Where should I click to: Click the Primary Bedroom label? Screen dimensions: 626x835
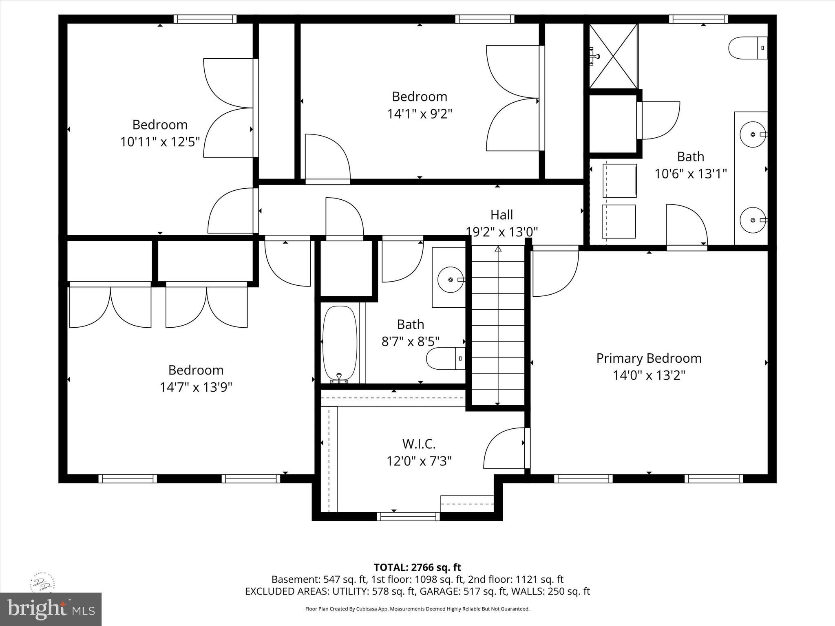click(x=649, y=358)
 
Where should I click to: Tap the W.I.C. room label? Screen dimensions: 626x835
click(x=419, y=443)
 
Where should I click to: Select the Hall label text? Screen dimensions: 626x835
click(x=501, y=215)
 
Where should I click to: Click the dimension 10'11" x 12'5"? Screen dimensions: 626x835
click(x=160, y=142)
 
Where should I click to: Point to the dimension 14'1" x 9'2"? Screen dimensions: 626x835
click(x=420, y=114)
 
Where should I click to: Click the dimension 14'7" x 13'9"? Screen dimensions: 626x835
click(x=196, y=387)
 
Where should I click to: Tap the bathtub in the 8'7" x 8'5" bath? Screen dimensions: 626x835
click(x=340, y=344)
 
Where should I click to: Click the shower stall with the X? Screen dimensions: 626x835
click(x=613, y=56)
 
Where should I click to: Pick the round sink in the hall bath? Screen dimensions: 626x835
click(x=450, y=280)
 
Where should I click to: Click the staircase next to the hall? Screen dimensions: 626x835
click(x=498, y=326)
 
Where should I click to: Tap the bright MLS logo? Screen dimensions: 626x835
click(x=51, y=609)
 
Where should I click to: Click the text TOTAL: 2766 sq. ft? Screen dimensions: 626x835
click(x=417, y=567)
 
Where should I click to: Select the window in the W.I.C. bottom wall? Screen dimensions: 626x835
click(x=408, y=516)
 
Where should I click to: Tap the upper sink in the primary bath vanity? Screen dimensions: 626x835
click(x=753, y=134)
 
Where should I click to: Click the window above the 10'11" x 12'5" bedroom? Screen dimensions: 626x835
click(x=205, y=19)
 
